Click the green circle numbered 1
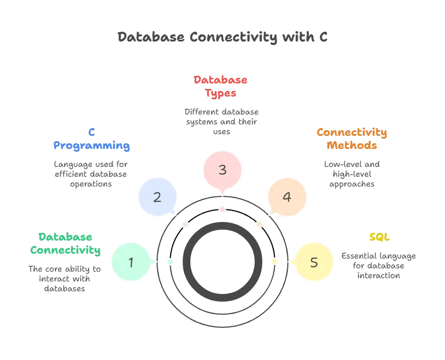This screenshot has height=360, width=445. click(131, 262)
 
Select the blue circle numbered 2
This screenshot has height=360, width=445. click(157, 196)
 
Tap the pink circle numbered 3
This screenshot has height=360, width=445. click(222, 170)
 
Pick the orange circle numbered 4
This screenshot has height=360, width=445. click(287, 196)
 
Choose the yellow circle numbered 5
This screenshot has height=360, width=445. click(314, 262)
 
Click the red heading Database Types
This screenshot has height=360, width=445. click(221, 87)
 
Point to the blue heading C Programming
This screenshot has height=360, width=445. click(92, 140)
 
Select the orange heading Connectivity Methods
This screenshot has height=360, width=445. click(352, 139)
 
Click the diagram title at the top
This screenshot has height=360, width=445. click(222, 38)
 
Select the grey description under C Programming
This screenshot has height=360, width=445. click(92, 172)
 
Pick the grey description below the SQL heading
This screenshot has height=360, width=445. click(380, 264)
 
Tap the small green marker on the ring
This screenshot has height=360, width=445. click(170, 262)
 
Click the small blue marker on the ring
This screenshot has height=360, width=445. click(186, 224)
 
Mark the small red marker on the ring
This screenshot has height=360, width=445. click(222, 209)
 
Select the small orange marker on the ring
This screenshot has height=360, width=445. click(258, 224)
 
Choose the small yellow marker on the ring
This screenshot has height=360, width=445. click(274, 262)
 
